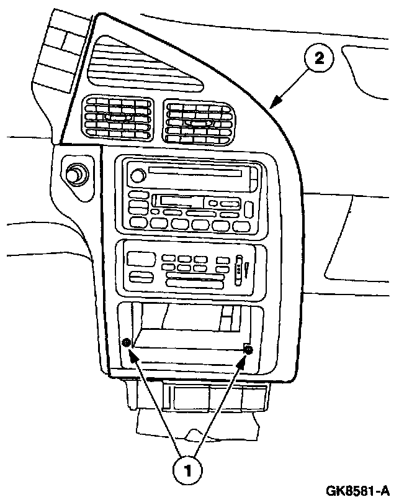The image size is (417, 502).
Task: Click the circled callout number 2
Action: click(318, 60)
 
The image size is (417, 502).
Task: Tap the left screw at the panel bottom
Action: click(127, 343)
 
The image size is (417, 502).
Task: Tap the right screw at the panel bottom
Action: click(249, 350)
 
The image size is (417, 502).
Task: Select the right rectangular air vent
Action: click(198, 123)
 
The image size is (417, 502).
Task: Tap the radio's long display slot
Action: click(197, 171)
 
